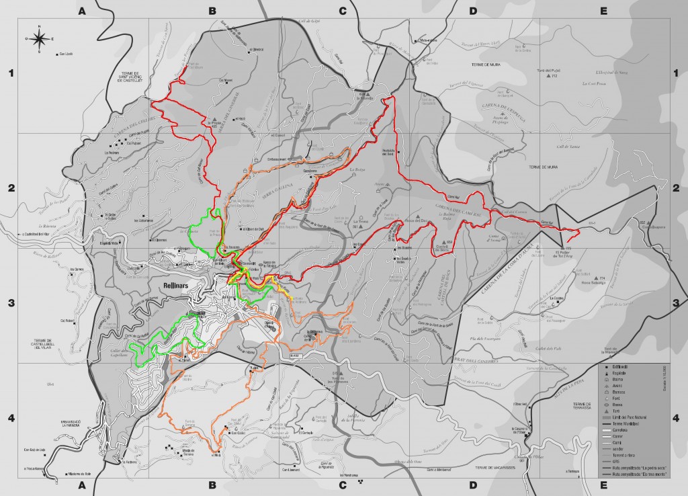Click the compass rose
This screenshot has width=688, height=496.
click(40, 38)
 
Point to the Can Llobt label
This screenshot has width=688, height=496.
click(65, 54)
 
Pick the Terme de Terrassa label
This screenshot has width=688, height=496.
click(581, 405)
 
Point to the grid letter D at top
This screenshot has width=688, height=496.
click(472, 11)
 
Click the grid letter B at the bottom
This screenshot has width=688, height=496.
click(212, 484)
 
